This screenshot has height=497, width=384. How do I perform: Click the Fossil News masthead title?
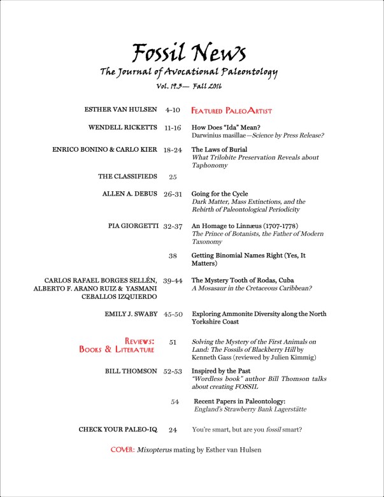[x=189, y=52]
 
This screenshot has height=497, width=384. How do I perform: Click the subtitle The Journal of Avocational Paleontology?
[x=189, y=72]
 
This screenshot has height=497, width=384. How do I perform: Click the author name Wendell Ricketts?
[x=123, y=127]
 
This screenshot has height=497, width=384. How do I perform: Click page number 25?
[x=173, y=176]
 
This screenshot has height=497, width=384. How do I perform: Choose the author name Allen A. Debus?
[x=129, y=193]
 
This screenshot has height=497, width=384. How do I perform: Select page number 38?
[x=173, y=256]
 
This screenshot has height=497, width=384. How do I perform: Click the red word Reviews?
[x=139, y=341]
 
